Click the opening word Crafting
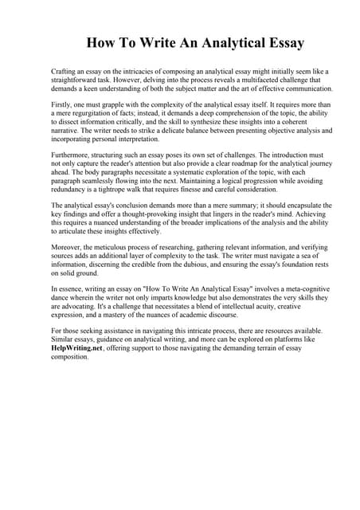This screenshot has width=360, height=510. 65,71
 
